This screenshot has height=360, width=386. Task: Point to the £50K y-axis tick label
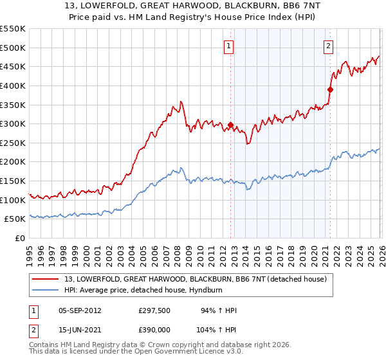(x=15, y=219)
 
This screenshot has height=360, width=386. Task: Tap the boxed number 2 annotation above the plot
(x=328, y=46)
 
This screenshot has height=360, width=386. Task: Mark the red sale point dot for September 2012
(x=230, y=125)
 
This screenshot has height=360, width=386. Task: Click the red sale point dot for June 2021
(x=330, y=89)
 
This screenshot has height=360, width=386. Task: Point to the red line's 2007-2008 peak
(x=181, y=102)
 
